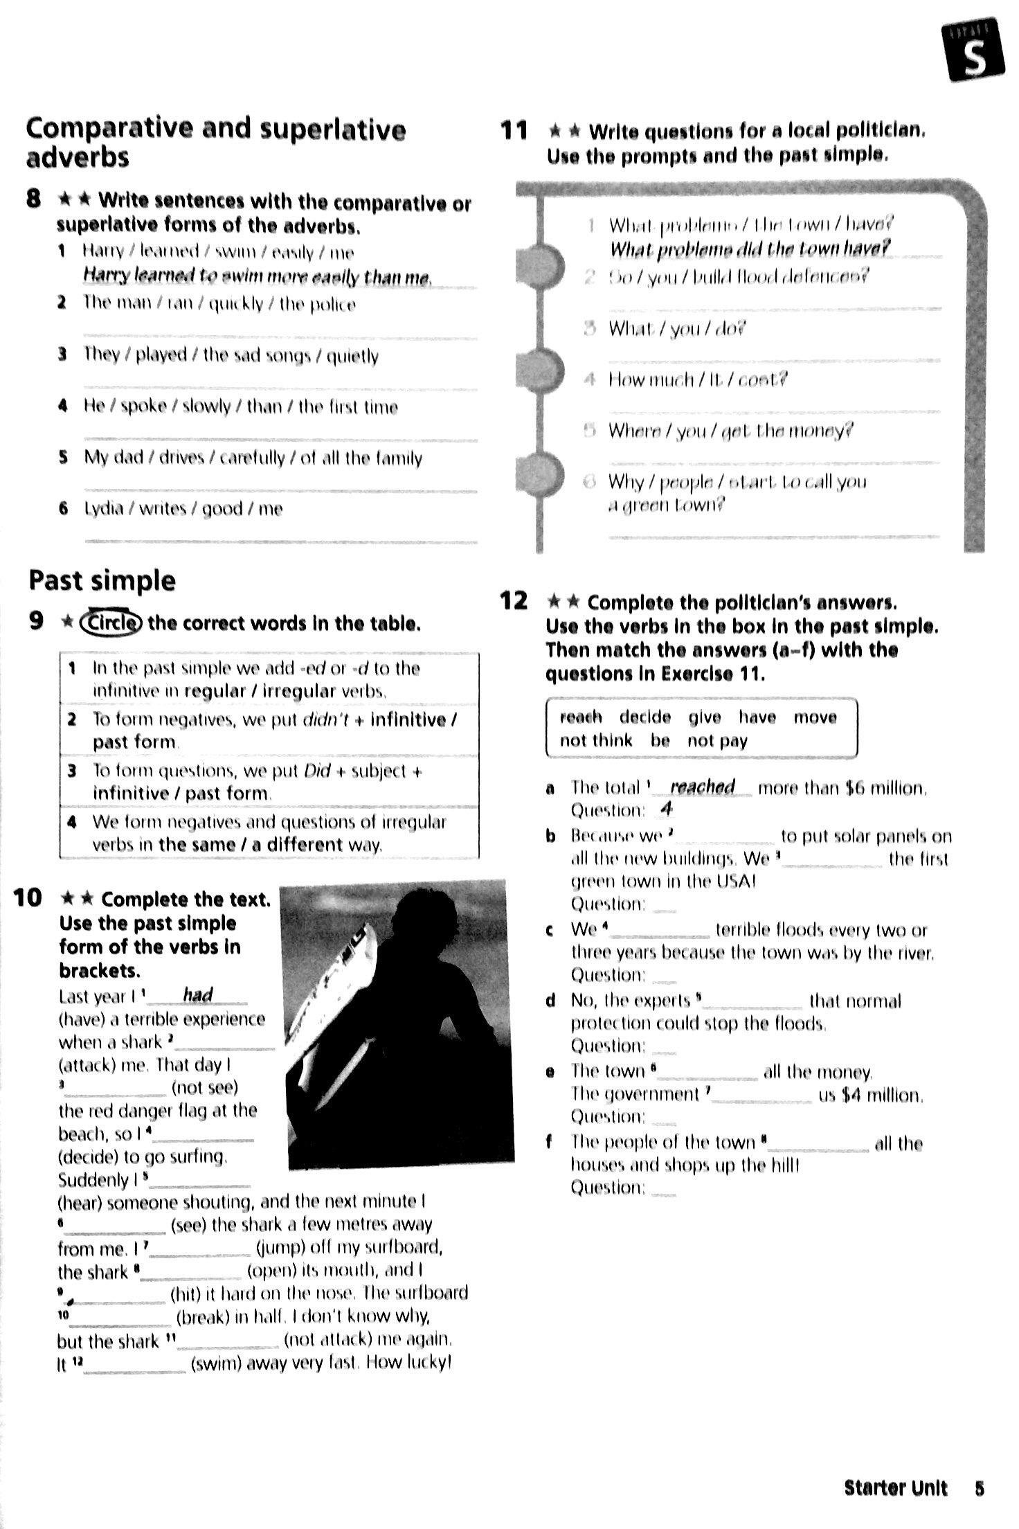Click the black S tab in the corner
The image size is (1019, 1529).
975,52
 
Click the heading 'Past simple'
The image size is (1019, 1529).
102,580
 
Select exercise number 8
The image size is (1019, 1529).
34,199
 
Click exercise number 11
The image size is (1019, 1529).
514,130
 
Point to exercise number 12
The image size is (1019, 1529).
514,601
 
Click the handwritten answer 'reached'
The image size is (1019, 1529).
702,787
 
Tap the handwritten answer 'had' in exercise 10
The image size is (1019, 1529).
197,995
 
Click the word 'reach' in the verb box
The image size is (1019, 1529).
580,717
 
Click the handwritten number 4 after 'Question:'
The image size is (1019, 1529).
667,808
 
